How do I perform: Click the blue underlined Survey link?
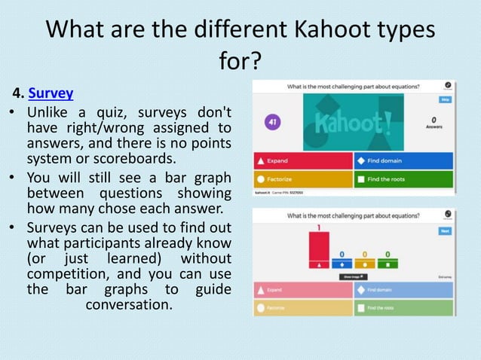[x=51, y=94]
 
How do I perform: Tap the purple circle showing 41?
[x=272, y=121]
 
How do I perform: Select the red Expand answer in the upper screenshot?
[x=302, y=160]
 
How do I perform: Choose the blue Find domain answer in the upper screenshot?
[x=403, y=160]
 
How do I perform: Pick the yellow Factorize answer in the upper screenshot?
[x=302, y=179]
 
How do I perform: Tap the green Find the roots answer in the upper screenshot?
[x=403, y=179]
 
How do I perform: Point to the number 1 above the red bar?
[x=319, y=227]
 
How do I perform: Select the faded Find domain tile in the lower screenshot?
[x=403, y=290]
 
